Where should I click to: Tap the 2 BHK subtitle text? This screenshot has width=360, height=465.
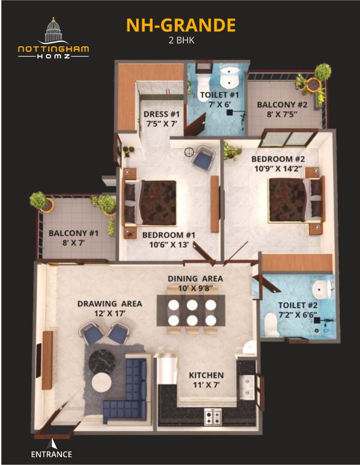click(181, 40)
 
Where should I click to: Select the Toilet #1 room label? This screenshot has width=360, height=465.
click(219, 95)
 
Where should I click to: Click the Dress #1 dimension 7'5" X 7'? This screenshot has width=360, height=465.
click(158, 124)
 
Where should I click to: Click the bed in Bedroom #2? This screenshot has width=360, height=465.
click(296, 199)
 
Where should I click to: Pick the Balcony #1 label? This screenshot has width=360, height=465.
click(74, 233)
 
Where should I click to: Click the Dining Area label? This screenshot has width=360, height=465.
click(195, 279)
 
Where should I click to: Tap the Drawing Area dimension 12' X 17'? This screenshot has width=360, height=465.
click(109, 313)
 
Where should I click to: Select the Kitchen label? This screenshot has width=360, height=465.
click(206, 375)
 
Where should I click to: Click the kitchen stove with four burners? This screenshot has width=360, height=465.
click(212, 416)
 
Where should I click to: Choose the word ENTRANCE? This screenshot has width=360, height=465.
click(52, 454)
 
